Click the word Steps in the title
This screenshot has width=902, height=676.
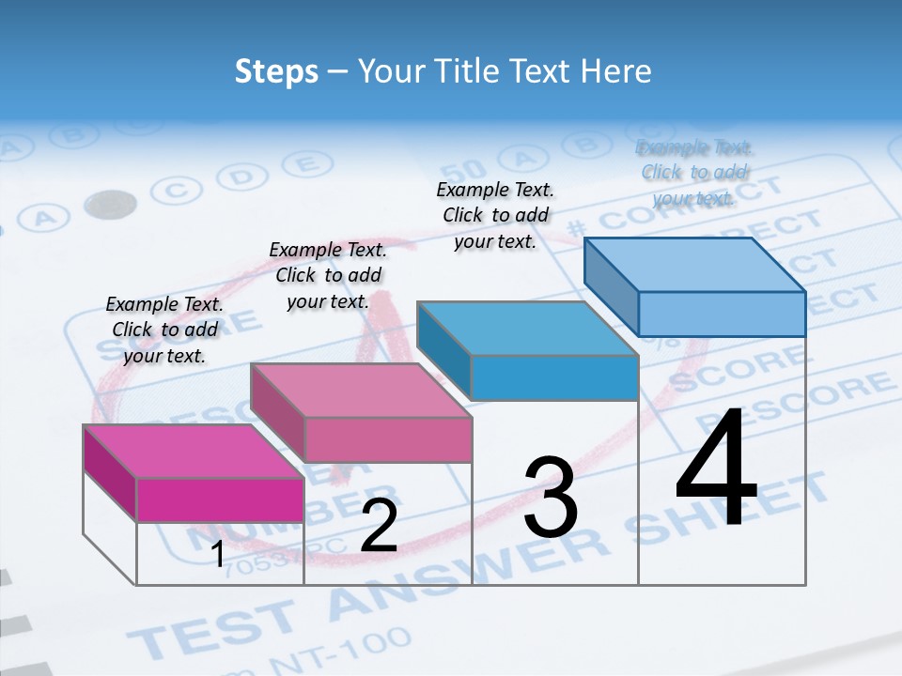tap(276, 71)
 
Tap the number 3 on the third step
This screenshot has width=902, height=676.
tap(551, 499)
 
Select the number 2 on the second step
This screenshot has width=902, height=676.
tap(379, 526)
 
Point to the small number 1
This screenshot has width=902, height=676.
tap(218, 555)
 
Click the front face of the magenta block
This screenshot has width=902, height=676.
tap(220, 499)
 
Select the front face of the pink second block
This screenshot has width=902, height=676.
tap(388, 438)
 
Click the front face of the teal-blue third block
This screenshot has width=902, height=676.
tap(554, 377)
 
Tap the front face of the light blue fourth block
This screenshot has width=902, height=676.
tap(722, 314)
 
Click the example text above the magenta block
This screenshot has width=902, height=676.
tap(164, 330)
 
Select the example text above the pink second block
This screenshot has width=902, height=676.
tap(328, 275)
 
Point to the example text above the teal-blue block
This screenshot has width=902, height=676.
tap(495, 215)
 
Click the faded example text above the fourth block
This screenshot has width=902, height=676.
tap(694, 173)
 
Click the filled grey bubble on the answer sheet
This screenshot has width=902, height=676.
tap(110, 204)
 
